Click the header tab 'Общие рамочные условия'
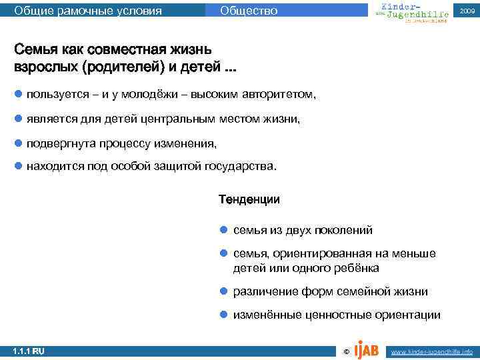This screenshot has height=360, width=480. [88, 11]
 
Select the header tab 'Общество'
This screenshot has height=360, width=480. [248, 11]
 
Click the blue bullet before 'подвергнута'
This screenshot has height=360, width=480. [18, 143]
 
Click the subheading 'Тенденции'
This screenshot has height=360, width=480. [249, 199]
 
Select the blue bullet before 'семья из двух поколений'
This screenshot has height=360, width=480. [225, 230]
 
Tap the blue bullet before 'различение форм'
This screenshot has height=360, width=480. [225, 292]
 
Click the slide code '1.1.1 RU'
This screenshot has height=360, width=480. [28, 351]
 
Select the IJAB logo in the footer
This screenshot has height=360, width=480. [367, 348]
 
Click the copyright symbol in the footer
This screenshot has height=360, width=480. [345, 351]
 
